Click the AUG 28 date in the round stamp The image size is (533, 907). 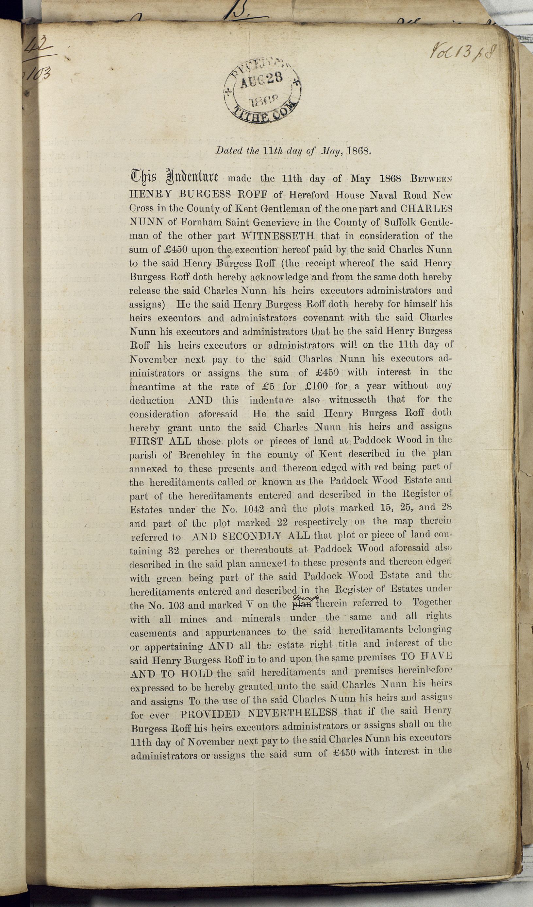(261, 80)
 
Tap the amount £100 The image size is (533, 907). (316, 387)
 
